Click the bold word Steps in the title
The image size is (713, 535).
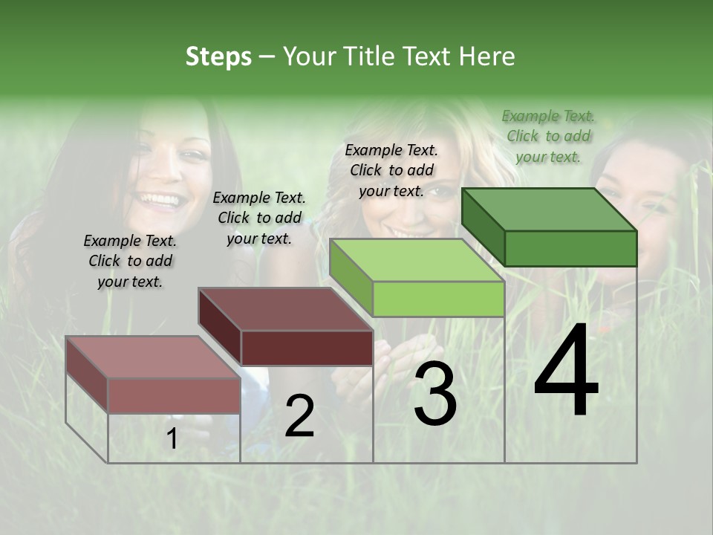218,56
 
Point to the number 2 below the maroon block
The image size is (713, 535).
299,416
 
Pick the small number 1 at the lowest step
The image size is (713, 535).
172,440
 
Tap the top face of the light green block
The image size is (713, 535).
417,260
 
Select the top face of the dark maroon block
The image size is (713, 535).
285,309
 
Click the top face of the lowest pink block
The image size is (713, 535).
153,357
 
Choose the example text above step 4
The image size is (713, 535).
548,136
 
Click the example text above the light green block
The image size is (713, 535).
391,170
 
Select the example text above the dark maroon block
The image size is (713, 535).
259,218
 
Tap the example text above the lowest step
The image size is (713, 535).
130,261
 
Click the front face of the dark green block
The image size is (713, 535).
570,248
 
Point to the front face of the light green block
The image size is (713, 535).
438,299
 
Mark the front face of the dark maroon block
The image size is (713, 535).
307,348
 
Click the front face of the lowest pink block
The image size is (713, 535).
174,395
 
